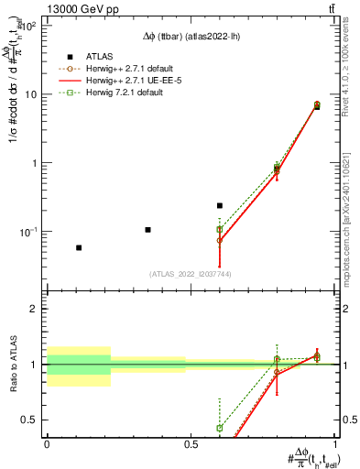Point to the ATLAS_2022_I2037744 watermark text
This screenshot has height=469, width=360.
pyautogui.click(x=190, y=273)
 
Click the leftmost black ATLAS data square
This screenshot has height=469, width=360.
pyautogui.click(x=79, y=247)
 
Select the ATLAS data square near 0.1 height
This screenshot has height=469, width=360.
pyautogui.click(x=147, y=229)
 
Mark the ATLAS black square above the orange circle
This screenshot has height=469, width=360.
pyautogui.click(x=220, y=206)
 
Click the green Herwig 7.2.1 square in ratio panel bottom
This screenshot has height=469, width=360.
pyautogui.click(x=220, y=428)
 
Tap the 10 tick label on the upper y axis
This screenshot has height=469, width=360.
pyautogui.click(x=30, y=94)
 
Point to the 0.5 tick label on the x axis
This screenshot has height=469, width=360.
pyautogui.click(x=191, y=444)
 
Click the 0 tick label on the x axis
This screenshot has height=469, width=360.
pyautogui.click(x=47, y=444)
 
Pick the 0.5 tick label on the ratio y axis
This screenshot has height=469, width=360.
pyautogui.click(x=28, y=420)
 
